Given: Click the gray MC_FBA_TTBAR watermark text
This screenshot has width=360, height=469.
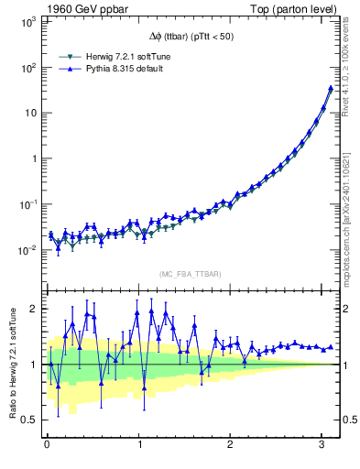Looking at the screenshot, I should (x=190, y=274).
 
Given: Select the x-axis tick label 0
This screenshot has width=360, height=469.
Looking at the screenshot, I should (x=47, y=445).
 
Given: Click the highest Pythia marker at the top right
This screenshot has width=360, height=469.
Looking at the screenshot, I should (x=330, y=88).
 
